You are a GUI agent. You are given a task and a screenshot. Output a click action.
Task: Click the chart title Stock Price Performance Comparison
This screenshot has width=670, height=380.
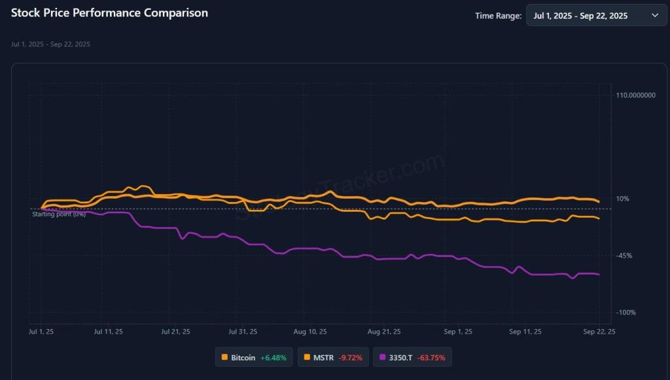pos(109,13)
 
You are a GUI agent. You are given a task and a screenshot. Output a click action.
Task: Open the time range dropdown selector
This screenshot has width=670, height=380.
pos(596,16)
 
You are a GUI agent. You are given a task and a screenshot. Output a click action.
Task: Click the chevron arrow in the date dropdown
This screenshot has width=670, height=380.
pos(655,16)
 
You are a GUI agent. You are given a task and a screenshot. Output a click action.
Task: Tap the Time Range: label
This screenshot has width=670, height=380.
pos(498,16)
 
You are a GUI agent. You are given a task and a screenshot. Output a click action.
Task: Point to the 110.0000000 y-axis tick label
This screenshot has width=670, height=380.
pos(635,95)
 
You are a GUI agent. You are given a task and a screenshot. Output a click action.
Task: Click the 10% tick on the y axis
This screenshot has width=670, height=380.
pos(622,199)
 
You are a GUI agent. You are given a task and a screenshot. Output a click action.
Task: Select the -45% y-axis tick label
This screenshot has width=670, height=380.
pos(624,256)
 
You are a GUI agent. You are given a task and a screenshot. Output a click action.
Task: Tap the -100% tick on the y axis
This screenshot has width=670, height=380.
pos(626,313)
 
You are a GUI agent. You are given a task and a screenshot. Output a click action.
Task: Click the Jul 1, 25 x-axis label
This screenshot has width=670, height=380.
pos(42,332)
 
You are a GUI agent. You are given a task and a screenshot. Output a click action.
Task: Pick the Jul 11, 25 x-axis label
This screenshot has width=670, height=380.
pos(108,332)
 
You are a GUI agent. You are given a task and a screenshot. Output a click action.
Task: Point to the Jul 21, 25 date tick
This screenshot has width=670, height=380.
pos(175,332)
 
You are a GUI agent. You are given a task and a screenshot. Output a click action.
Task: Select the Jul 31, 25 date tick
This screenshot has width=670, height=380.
pos(243,332)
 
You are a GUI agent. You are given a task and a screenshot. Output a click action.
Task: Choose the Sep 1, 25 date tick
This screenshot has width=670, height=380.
pos(457,332)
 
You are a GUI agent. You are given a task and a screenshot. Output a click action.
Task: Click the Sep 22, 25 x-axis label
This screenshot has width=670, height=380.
pos(599,332)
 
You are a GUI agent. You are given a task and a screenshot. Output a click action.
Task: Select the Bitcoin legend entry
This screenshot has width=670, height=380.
pos(254,358)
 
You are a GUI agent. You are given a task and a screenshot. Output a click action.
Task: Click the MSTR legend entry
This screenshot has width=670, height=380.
pos(333,358)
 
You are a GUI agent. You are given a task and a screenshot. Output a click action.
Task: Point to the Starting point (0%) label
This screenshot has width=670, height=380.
pos(59,214)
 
